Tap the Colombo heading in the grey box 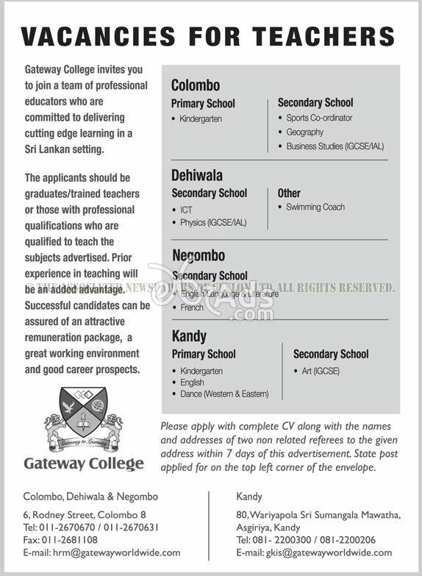click(x=196, y=85)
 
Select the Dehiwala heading click(x=197, y=176)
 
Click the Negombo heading click(x=199, y=256)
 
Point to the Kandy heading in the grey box click(x=189, y=336)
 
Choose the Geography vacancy click(x=305, y=132)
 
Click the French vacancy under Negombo click(x=192, y=307)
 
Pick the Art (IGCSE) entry click(x=321, y=371)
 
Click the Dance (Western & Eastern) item click(x=224, y=394)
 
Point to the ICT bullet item click(x=186, y=210)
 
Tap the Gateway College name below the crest click(x=84, y=464)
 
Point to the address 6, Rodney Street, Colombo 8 click(x=85, y=515)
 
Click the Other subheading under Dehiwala click(x=289, y=193)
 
